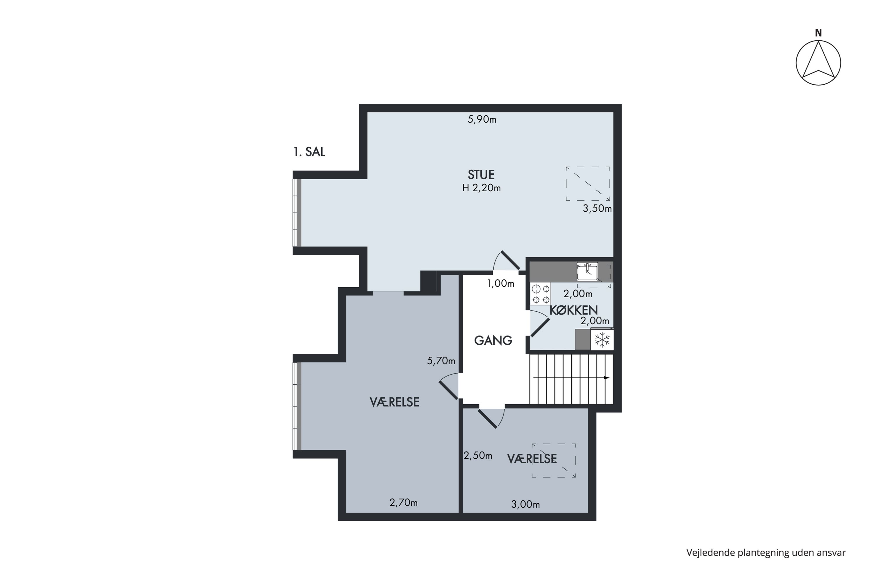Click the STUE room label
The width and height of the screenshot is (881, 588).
click(481, 175)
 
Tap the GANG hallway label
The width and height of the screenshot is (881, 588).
click(493, 340)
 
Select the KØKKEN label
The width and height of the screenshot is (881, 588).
click(574, 310)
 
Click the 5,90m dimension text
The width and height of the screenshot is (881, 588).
click(482, 119)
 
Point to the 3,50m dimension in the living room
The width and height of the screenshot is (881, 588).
click(597, 208)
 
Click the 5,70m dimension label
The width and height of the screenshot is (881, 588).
click(441, 361)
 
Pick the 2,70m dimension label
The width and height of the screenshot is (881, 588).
click(403, 502)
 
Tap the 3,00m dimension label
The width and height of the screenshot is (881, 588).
click(526, 505)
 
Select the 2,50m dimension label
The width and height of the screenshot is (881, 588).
click(478, 456)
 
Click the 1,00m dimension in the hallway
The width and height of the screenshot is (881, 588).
click(500, 283)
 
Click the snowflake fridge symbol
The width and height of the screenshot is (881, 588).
click(602, 340)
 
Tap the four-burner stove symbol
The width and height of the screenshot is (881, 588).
click(541, 294)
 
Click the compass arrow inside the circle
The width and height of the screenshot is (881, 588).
click(818, 60)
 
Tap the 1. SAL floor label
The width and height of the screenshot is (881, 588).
click(309, 152)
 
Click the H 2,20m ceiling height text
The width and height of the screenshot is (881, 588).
click(481, 188)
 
